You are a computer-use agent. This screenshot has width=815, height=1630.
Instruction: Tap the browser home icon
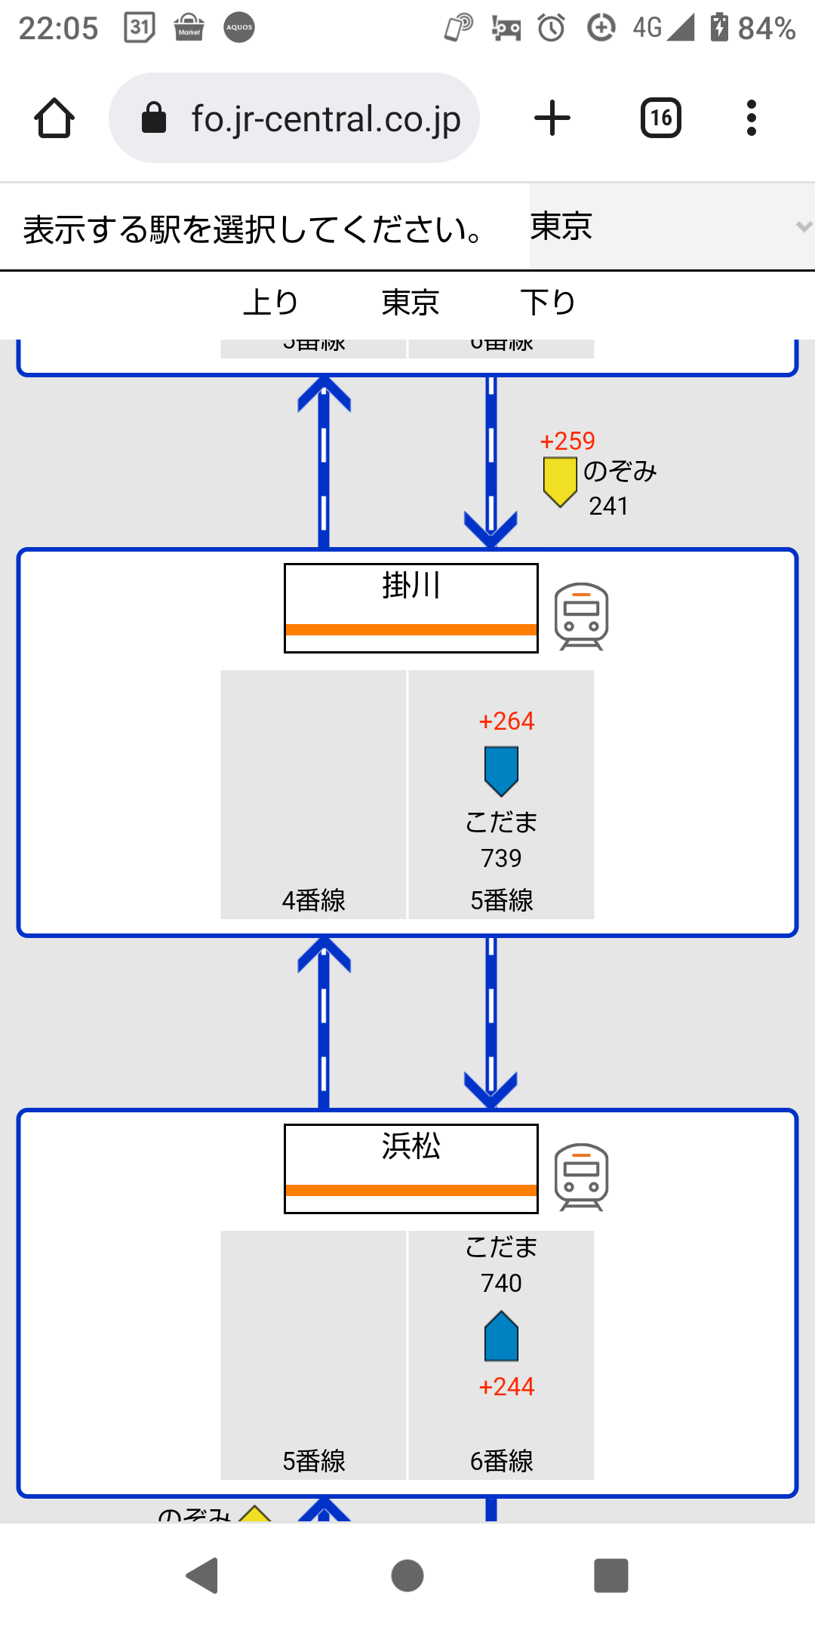[x=54, y=118]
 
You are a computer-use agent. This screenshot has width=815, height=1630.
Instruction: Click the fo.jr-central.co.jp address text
[x=325, y=119]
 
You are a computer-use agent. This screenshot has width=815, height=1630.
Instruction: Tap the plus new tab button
[x=552, y=118]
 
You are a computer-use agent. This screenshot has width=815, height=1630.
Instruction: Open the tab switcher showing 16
[x=661, y=118]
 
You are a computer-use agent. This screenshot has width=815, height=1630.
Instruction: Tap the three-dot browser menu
[x=751, y=118]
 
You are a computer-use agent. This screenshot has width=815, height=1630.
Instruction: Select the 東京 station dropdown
[x=670, y=226]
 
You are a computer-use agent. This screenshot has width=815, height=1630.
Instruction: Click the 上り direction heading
[x=271, y=303]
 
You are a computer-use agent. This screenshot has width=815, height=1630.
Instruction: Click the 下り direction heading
[x=548, y=303]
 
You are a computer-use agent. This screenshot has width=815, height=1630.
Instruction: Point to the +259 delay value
[x=567, y=441]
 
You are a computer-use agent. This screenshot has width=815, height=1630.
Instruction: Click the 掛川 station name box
[x=411, y=607]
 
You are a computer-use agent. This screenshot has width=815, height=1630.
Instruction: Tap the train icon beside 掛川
[x=581, y=616]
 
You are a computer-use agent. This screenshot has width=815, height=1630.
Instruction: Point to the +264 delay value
[x=506, y=721]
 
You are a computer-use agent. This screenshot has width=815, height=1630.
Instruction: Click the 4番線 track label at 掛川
[x=313, y=900]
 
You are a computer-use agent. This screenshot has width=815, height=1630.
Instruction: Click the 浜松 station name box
[x=411, y=1168]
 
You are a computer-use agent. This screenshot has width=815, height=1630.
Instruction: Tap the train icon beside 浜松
[x=581, y=1176]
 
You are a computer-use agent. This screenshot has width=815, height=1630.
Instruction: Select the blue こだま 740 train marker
[x=501, y=1336]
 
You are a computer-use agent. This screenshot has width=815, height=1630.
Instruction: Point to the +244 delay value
[x=506, y=1387]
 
